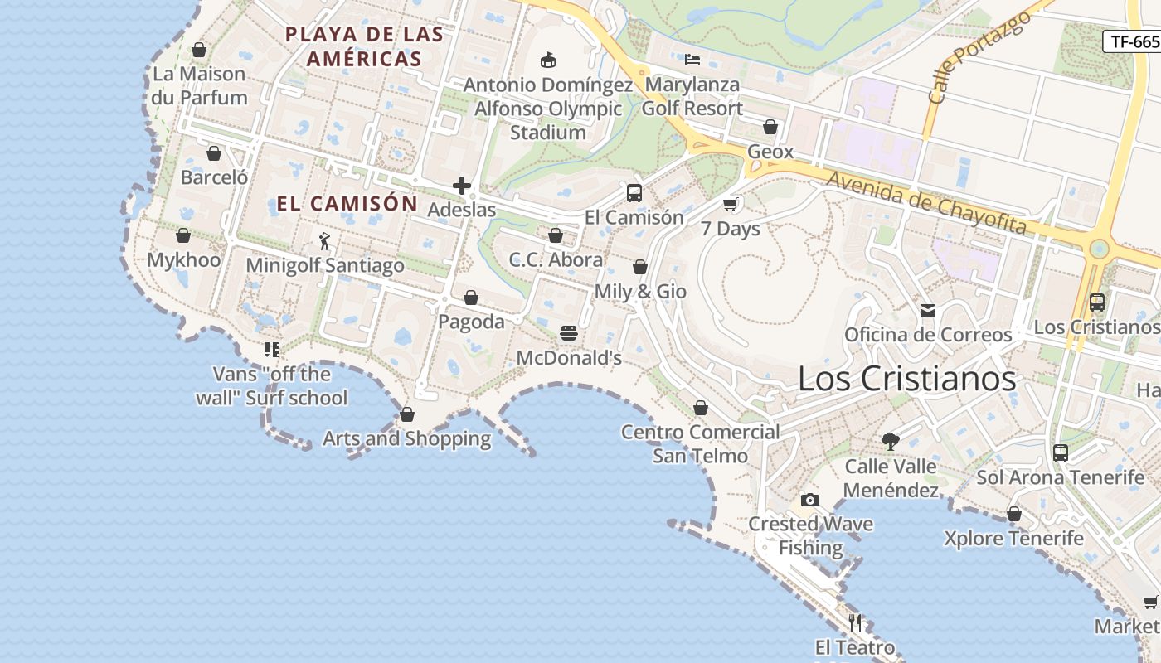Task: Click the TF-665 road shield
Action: [x=1133, y=41]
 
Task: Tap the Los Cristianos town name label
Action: [x=906, y=379]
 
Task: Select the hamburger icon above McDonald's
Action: [x=569, y=333]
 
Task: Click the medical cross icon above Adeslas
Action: [x=462, y=186]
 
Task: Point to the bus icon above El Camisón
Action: [x=634, y=193]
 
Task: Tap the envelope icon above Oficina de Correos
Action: [x=928, y=311]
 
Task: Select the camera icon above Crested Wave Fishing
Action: [x=810, y=500]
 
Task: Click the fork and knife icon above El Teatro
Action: [x=856, y=622]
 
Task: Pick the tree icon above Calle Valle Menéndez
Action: [x=891, y=442]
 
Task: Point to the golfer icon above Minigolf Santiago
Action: [x=324, y=241]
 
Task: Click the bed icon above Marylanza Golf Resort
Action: [x=692, y=59]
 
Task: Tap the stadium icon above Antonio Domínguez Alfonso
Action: [x=547, y=60]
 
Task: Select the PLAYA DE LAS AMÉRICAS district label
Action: [x=364, y=46]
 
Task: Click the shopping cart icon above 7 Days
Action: [x=731, y=204]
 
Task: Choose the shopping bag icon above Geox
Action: [x=770, y=127]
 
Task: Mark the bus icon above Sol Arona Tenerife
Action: [x=1061, y=453]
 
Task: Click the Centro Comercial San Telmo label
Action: [x=701, y=444]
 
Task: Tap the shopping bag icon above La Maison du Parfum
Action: [x=199, y=50]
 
